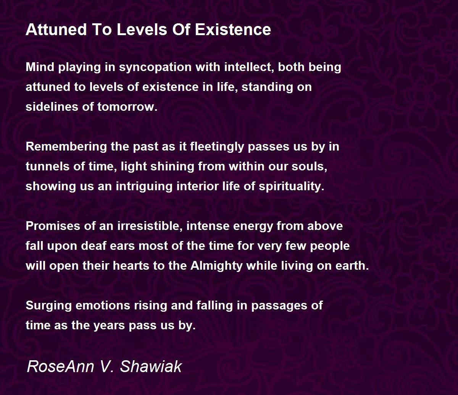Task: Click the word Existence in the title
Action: tap(233, 29)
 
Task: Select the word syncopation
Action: tap(155, 67)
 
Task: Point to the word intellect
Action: tap(249, 67)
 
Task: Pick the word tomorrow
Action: tap(127, 107)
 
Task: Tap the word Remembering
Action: tap(66, 147)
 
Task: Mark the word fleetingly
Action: tap(217, 147)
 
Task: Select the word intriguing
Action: tap(144, 186)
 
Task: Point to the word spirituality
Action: tap(292, 186)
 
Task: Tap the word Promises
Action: tap(53, 226)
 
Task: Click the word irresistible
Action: tap(150, 226)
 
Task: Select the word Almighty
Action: tap(216, 266)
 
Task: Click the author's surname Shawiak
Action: tap(151, 367)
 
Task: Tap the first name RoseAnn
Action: tap(60, 367)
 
